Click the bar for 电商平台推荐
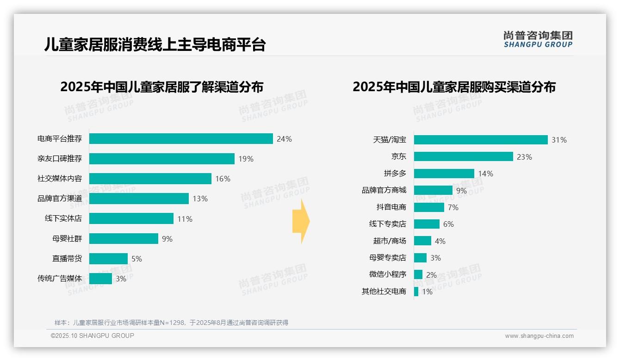pyautogui.click(x=181, y=139)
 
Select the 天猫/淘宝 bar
pyautogui.click(x=481, y=140)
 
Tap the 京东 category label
pyautogui.click(x=398, y=157)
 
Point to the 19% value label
pyautogui.click(x=246, y=159)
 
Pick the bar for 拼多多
pyautogui.click(x=444, y=174)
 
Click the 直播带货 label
pyautogui.click(x=67, y=259)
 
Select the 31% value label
pyautogui.click(x=559, y=140)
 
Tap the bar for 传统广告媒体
pyautogui.click(x=100, y=279)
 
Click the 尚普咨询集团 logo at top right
pyautogui.click(x=538, y=39)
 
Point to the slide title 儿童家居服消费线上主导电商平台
pyautogui.click(x=155, y=44)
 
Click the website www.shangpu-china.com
pyautogui.click(x=539, y=336)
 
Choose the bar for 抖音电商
pyautogui.click(x=429, y=207)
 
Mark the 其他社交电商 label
pyautogui.click(x=384, y=292)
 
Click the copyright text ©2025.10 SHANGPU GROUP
pyautogui.click(x=93, y=336)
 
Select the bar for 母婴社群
pyautogui.click(x=124, y=239)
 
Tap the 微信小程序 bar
pyautogui.click(x=418, y=274)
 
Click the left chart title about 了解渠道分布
pyautogui.click(x=161, y=87)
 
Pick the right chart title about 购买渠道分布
pyautogui.click(x=454, y=87)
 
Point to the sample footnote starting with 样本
pyautogui.click(x=171, y=323)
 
